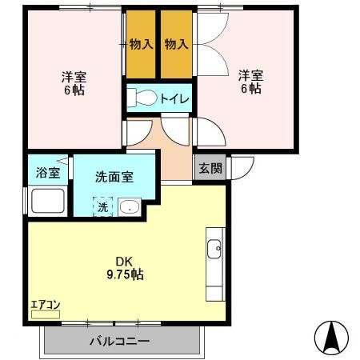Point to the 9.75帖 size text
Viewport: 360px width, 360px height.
coord(126,274)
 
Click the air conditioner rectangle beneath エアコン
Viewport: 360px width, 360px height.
coord(45,315)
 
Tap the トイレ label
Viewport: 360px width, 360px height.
coord(174,98)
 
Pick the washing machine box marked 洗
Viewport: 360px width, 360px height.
coord(102,207)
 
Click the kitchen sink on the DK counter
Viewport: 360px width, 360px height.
coord(215,250)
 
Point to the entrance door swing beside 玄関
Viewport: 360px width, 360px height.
coord(241,167)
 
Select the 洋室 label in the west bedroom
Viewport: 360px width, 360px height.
coord(74,77)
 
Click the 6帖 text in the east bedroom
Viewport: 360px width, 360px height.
coord(250,89)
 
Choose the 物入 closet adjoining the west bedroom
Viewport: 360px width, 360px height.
coord(141,44)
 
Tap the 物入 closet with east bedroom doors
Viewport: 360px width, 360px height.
coord(176,44)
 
